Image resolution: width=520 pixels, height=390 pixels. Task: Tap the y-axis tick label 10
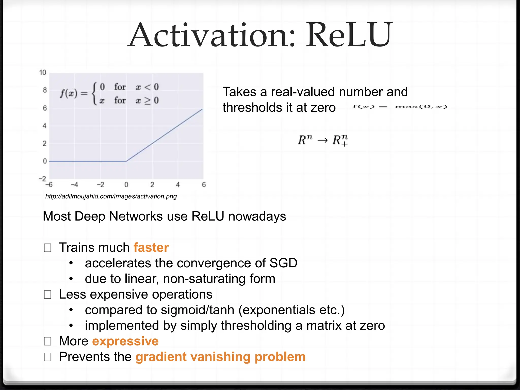click(43, 73)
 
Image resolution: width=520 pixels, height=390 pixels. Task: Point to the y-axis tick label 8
click(45, 90)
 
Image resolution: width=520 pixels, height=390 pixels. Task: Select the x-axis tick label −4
click(74, 185)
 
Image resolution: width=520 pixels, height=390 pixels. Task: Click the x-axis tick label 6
click(204, 185)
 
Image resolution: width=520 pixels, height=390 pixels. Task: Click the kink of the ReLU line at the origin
click(126, 161)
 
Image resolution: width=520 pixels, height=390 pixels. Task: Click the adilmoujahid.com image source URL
click(111, 196)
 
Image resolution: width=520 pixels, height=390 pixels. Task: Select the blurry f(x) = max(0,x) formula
click(400, 107)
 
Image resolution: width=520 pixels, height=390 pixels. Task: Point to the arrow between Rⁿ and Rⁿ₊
click(322, 140)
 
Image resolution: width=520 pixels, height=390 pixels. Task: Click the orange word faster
click(151, 247)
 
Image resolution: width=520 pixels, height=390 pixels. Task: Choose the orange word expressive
click(125, 341)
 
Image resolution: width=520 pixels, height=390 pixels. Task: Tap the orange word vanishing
click(220, 357)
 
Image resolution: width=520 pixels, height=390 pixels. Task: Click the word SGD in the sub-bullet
click(283, 263)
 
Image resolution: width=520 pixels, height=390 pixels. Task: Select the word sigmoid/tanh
click(198, 310)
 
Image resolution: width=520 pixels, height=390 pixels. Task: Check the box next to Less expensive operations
click(47, 295)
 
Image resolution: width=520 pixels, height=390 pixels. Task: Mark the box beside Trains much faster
click(47, 248)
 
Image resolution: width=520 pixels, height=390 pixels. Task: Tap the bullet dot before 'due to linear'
click(71, 279)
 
